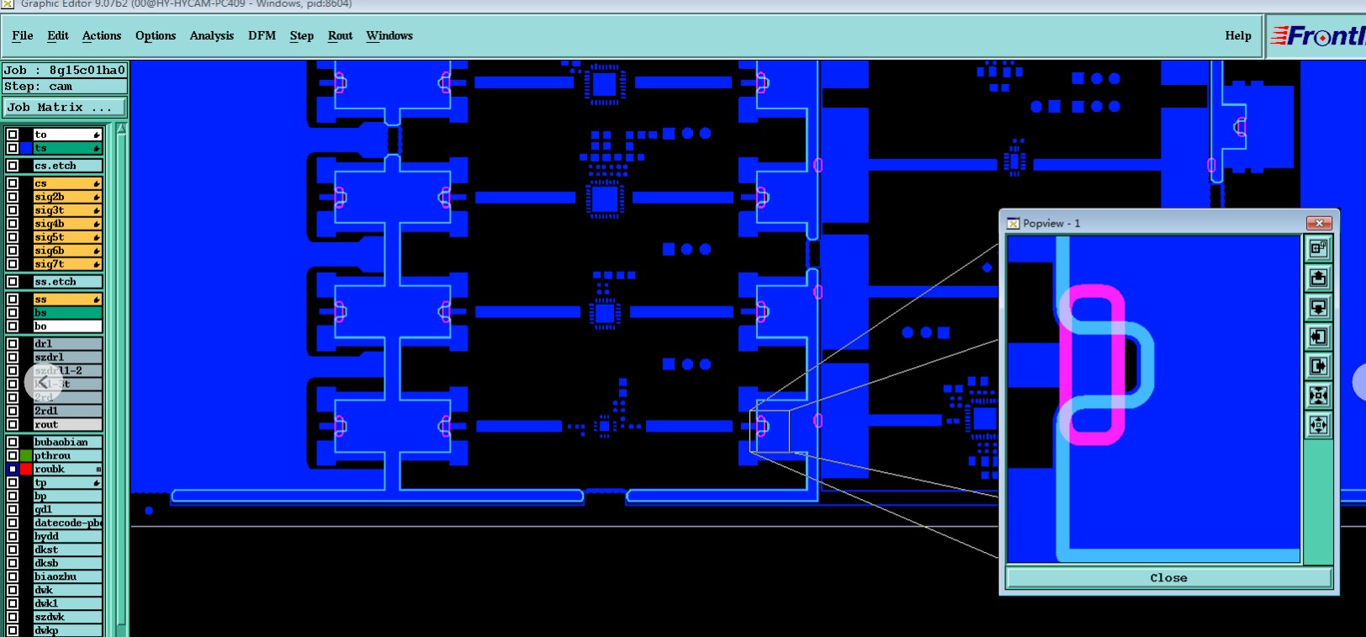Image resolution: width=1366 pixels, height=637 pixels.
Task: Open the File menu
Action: [x=23, y=35]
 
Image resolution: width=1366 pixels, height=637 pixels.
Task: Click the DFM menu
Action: [x=262, y=35]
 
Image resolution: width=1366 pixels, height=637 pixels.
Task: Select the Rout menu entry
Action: [x=340, y=35]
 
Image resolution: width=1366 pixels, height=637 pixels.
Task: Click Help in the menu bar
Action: [x=1237, y=35]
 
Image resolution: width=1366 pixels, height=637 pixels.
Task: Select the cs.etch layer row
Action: [x=66, y=166]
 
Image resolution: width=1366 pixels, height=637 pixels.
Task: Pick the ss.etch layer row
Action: [x=66, y=282]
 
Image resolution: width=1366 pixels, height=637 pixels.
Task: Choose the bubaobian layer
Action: [x=66, y=442]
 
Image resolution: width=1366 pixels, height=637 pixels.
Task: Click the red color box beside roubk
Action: [x=26, y=469]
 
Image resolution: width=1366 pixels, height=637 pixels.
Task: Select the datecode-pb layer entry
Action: [x=66, y=523]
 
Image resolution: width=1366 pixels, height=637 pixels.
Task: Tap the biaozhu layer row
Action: [x=66, y=576]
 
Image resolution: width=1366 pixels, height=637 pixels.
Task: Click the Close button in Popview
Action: [x=1168, y=578]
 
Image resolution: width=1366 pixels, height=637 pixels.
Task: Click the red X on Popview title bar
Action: [x=1318, y=223]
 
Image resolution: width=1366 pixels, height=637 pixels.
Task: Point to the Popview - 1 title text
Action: [x=1051, y=223]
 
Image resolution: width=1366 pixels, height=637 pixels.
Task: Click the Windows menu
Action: [x=389, y=35]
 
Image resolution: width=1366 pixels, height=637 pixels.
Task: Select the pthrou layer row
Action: [x=66, y=455]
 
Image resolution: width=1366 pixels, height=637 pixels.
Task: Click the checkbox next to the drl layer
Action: [x=13, y=343]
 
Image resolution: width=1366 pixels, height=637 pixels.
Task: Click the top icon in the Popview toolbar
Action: [x=1318, y=248]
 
